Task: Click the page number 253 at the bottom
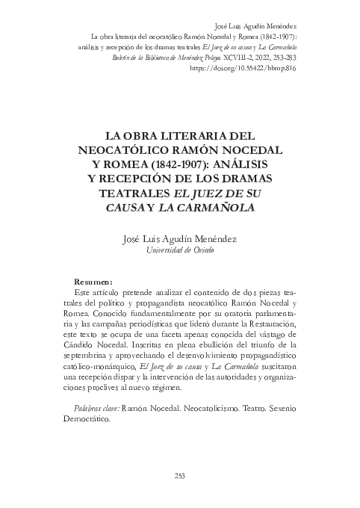click(180, 474)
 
